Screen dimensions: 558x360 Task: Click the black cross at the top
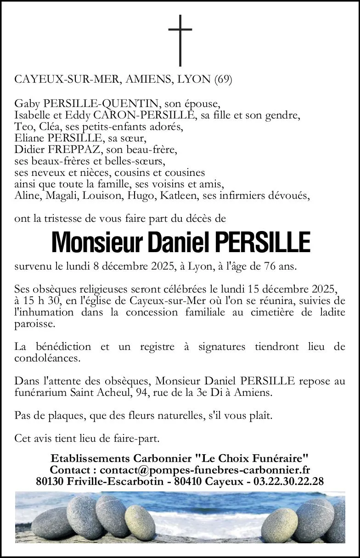click(x=180, y=40)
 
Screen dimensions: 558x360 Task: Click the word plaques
click(x=65, y=416)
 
